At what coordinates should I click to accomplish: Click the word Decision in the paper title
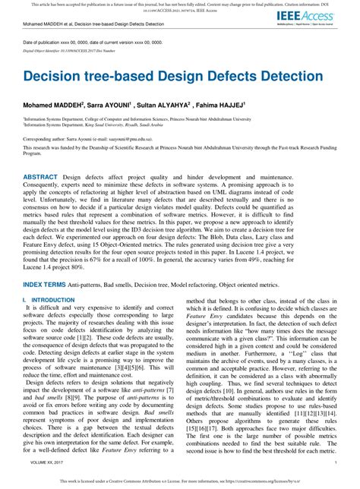pyautogui.click(x=56, y=77)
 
